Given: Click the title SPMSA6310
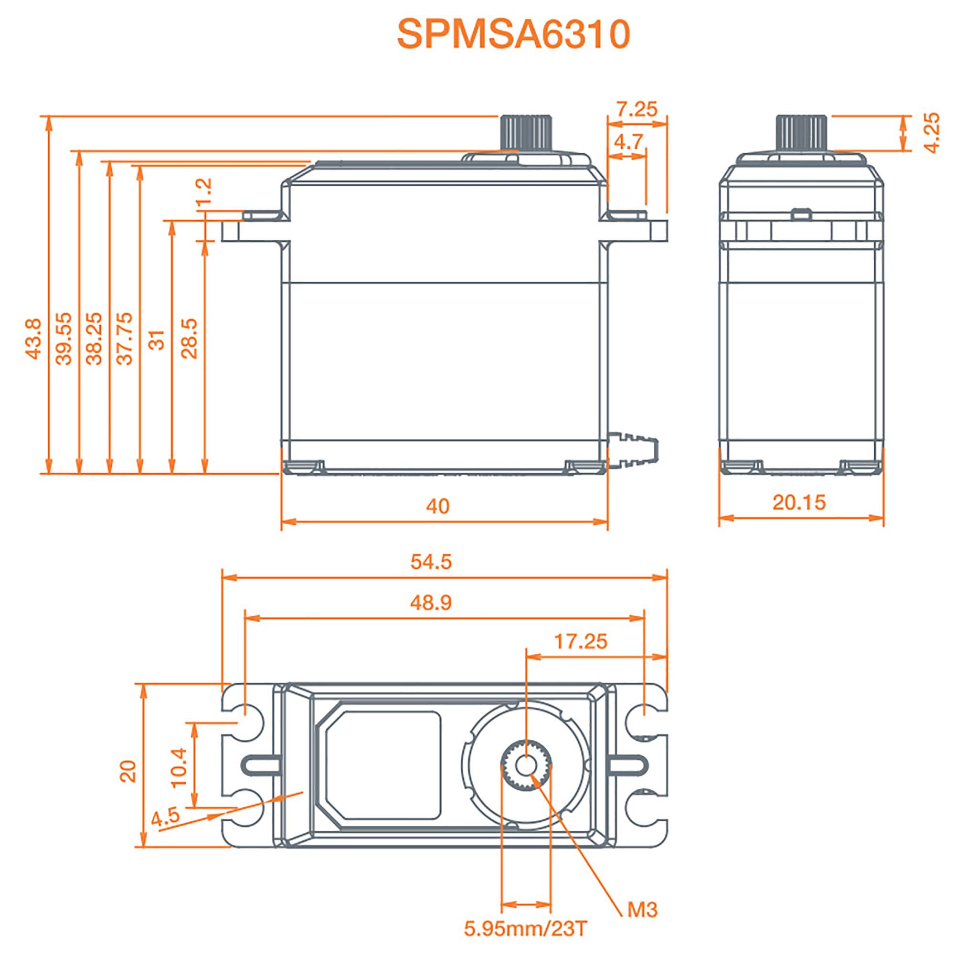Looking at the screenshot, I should tap(514, 34).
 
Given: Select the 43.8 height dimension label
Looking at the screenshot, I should tap(33, 339).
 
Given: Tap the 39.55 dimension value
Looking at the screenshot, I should tap(64, 339).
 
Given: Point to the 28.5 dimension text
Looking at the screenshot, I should tap(189, 339).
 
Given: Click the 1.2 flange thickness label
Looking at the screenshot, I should tap(204, 191).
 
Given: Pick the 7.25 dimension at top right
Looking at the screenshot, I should tap(637, 109).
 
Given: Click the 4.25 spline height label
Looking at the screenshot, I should tap(931, 132).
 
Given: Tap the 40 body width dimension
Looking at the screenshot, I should tap(437, 506).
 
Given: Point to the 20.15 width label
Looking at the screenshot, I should tap(799, 503).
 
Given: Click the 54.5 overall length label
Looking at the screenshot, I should tap(431, 562).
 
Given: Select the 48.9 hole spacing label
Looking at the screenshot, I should tap(431, 603).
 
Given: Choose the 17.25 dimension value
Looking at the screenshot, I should tap(580, 642).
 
